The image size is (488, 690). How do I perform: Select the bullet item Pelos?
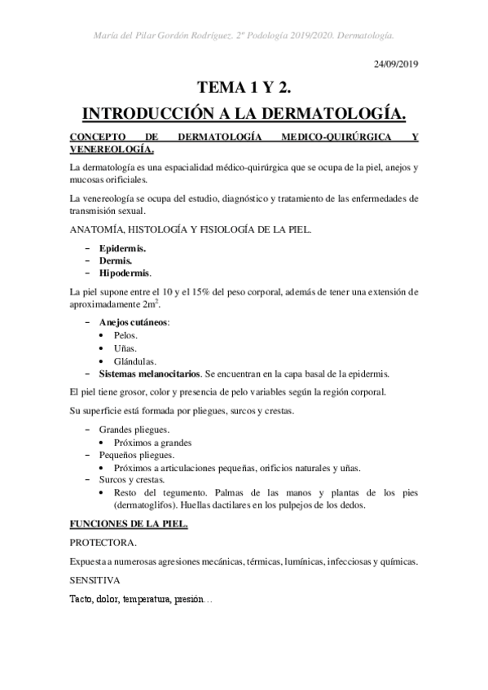coord(125,335)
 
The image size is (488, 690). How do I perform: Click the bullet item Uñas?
coord(125,348)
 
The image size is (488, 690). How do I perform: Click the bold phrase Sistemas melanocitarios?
coord(148,374)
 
